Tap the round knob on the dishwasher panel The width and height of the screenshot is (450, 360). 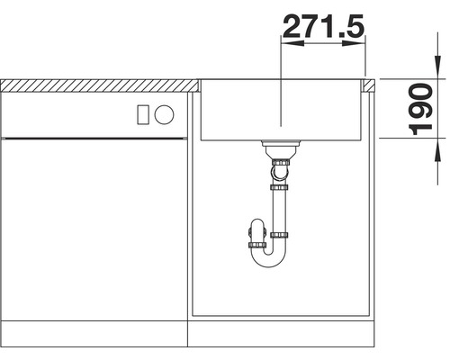[x=164, y=114]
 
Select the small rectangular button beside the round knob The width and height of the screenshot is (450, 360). [x=141, y=114]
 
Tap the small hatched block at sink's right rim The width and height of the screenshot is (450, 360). [x=369, y=85]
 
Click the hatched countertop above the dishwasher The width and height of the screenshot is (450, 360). [x=99, y=85]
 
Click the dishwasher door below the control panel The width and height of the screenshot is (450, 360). [x=94, y=234]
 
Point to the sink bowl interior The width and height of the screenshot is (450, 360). [x=281, y=112]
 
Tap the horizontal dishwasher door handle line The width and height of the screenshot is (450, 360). [x=94, y=138]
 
